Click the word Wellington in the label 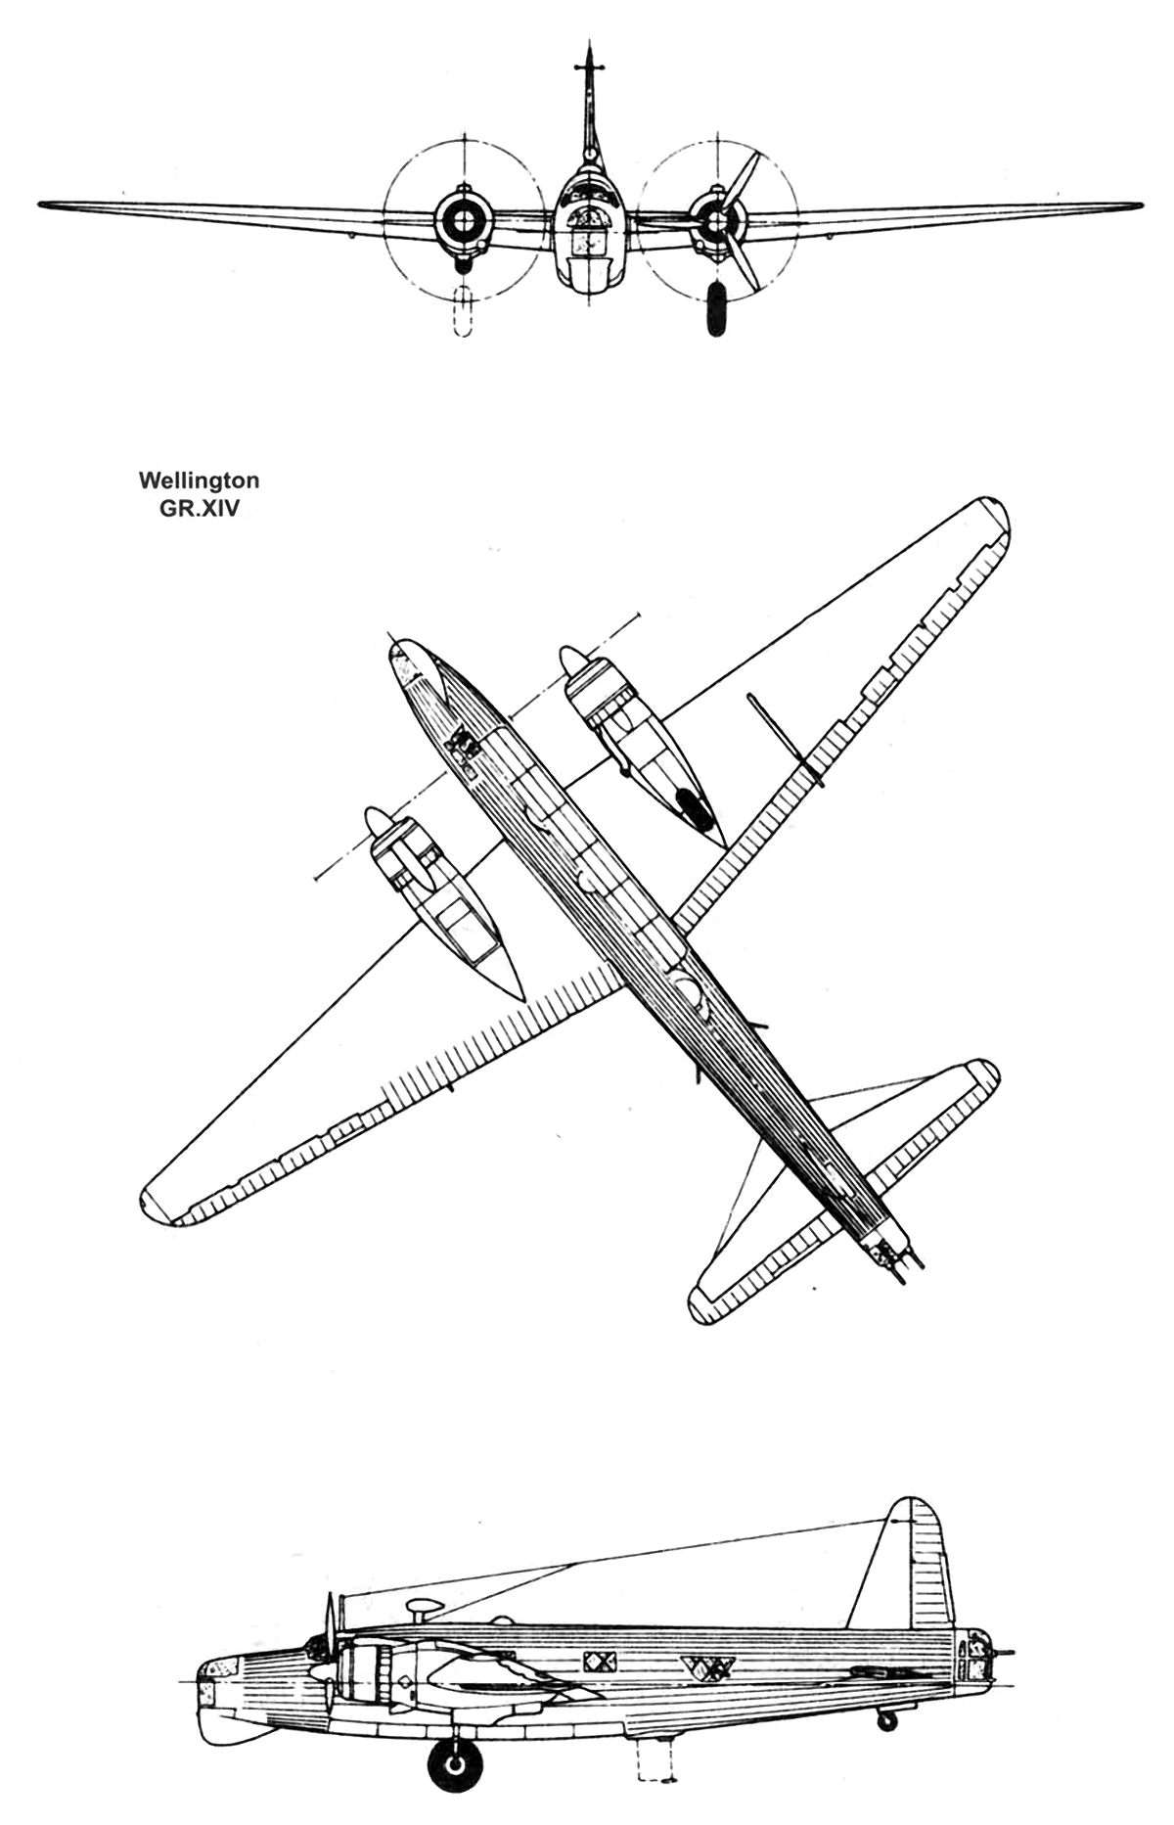[199, 481]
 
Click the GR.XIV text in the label [200, 508]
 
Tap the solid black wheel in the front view [716, 308]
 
